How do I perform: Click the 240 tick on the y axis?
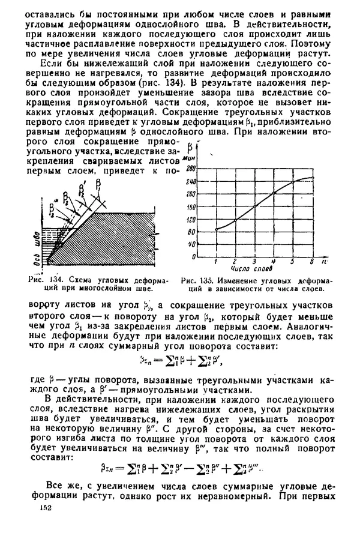(191, 181)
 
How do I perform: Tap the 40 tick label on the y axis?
(192, 244)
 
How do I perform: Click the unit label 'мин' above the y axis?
(193, 155)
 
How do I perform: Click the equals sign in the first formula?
(160, 361)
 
